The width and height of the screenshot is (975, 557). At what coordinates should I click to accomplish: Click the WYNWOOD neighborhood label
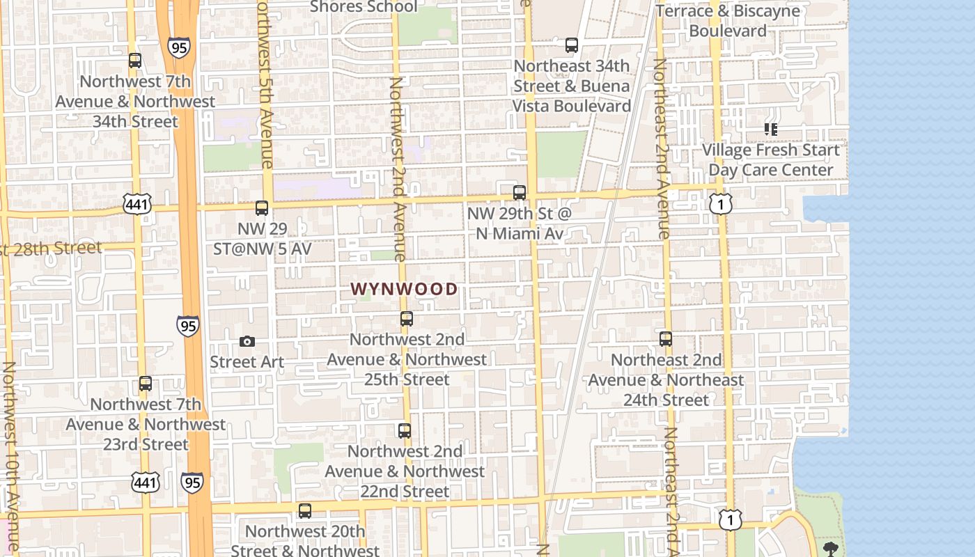(x=404, y=289)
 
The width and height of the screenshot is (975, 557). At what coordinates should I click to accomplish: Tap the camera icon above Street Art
(x=247, y=341)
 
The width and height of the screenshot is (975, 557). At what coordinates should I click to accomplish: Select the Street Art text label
(x=247, y=362)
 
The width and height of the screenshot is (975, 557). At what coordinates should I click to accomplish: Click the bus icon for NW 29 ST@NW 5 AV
(x=262, y=207)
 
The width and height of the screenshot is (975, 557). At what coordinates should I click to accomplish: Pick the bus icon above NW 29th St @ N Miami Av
(x=520, y=192)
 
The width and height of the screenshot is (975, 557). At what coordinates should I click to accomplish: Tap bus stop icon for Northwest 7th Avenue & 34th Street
(x=135, y=61)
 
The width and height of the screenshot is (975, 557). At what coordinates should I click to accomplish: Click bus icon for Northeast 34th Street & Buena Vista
(x=572, y=45)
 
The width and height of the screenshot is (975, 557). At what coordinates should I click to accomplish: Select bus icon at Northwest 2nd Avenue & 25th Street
(x=407, y=319)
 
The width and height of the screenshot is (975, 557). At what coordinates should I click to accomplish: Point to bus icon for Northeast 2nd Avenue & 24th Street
(x=666, y=339)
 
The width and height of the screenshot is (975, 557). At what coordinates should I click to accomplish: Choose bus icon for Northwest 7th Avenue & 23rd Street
(x=146, y=384)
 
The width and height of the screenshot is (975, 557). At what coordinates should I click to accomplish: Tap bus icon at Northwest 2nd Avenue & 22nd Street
(x=405, y=430)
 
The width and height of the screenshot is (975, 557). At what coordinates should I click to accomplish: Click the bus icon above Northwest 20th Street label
(x=305, y=511)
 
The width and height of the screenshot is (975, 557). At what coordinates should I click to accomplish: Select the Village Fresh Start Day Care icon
(x=770, y=130)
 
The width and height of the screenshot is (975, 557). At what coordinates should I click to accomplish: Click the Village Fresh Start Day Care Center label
(x=770, y=159)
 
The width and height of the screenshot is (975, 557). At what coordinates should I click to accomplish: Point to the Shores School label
(x=364, y=7)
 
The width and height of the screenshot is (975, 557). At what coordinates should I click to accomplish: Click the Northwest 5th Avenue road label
(x=265, y=84)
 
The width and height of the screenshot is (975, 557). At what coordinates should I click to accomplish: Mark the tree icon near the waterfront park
(x=831, y=548)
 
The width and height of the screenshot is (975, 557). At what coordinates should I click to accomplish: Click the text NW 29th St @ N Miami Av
(x=519, y=223)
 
